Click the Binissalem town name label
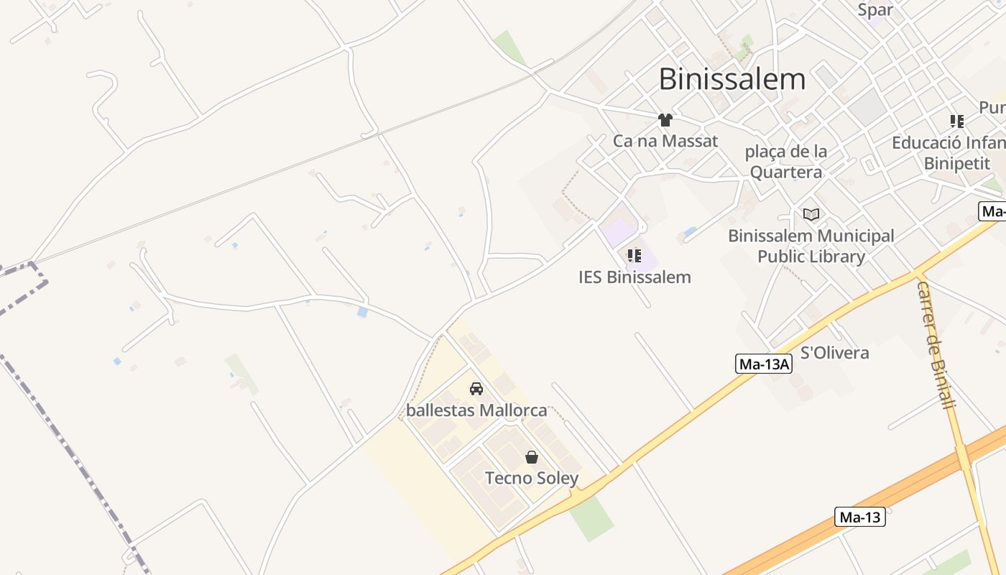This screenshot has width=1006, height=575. (732, 79)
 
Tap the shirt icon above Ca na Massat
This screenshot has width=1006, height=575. (665, 120)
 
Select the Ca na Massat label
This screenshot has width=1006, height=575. (665, 141)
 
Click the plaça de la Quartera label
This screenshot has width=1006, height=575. (785, 162)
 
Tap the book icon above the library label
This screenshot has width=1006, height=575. (811, 214)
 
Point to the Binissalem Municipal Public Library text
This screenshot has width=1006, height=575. (811, 246)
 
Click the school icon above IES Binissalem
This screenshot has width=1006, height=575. (634, 256)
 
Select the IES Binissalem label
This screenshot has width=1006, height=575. (634, 277)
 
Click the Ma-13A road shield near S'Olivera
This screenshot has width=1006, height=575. (765, 364)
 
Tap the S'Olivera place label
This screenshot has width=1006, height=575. (834, 353)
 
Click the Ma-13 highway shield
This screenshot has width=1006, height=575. (859, 517)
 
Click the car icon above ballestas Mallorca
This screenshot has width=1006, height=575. (476, 390)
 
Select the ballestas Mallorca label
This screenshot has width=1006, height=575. (476, 410)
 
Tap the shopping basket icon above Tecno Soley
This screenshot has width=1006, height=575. (532, 457)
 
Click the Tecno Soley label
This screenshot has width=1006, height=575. (532, 478)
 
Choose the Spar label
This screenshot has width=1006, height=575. (875, 10)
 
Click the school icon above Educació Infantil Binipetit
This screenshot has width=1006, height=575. (956, 121)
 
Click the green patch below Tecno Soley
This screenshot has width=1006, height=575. (591, 518)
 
